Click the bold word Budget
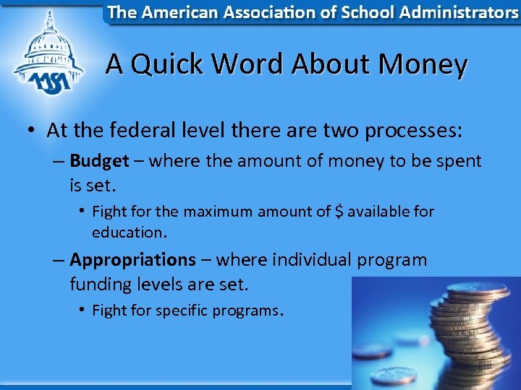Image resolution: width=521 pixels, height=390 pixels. (99, 161)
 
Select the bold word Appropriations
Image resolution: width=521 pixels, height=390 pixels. (132, 259)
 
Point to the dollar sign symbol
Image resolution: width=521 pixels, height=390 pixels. (339, 212)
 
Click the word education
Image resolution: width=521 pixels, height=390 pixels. (128, 233)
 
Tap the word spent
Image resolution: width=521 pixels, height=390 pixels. (457, 161)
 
